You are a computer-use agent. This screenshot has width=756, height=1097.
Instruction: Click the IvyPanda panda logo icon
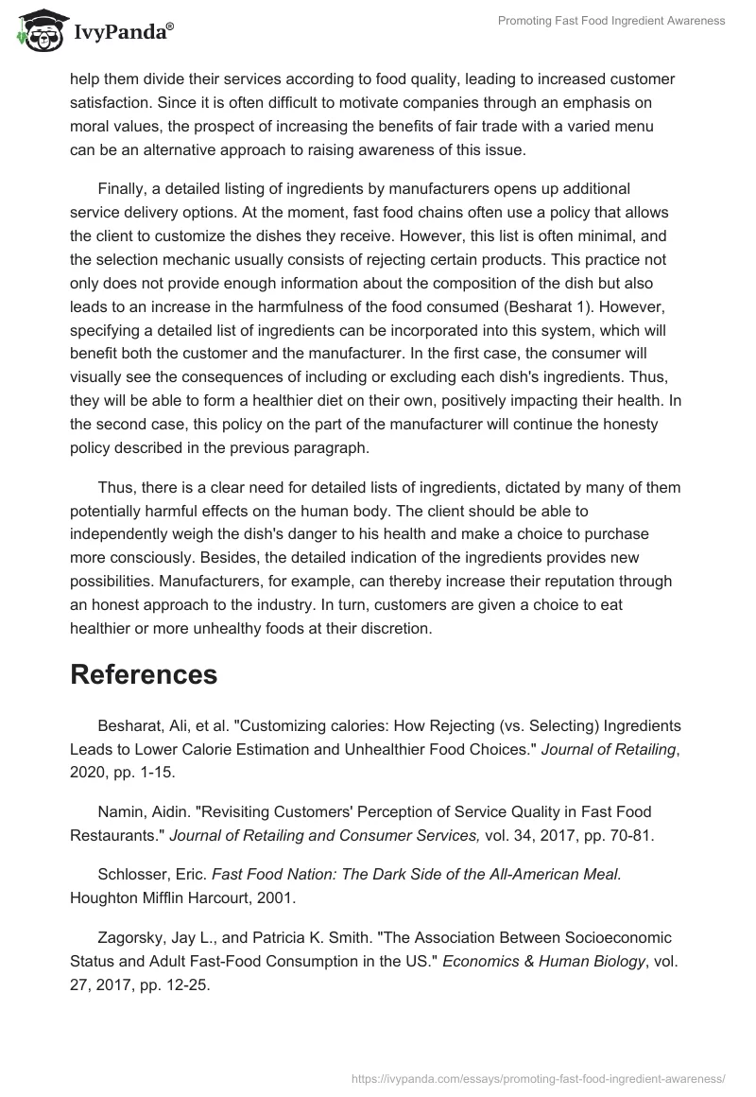[x=36, y=30]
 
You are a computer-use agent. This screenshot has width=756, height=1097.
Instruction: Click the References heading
[x=144, y=674]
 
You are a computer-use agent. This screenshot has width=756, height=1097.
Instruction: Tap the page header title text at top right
[x=611, y=21]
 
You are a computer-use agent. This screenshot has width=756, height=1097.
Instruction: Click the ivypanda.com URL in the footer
[x=538, y=1077]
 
